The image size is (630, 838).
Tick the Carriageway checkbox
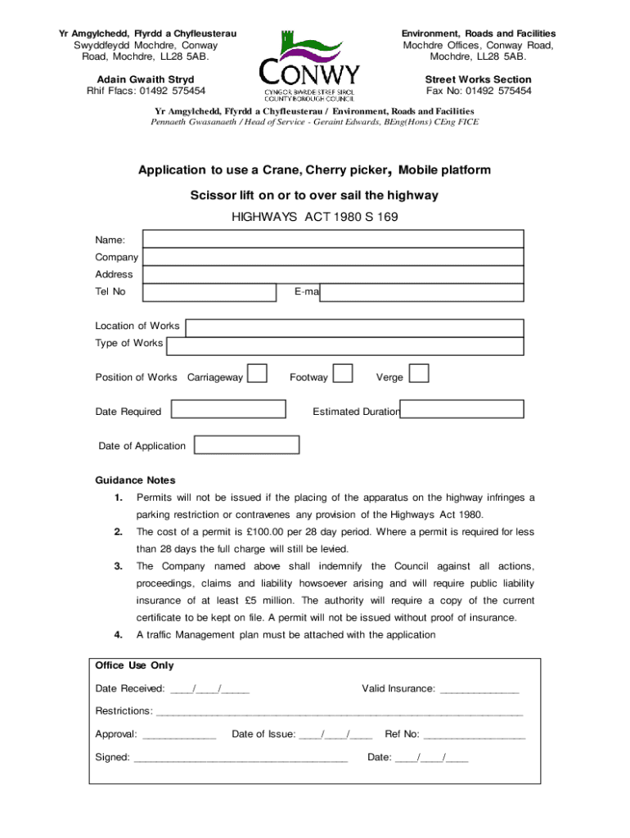257,374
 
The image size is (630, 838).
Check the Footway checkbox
344,374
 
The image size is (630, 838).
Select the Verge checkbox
419,374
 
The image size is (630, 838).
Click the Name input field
333,239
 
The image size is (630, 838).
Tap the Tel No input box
211,292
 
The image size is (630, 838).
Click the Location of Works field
353,327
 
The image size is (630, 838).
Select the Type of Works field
344,346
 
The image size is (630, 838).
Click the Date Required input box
227,409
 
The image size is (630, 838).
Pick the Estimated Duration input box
462,409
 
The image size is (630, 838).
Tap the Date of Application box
246,444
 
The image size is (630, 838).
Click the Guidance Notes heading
135,480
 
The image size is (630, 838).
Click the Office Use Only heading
134,665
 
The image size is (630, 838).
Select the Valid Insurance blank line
479,690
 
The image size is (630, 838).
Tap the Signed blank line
241,759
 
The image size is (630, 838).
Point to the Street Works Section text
478,79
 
